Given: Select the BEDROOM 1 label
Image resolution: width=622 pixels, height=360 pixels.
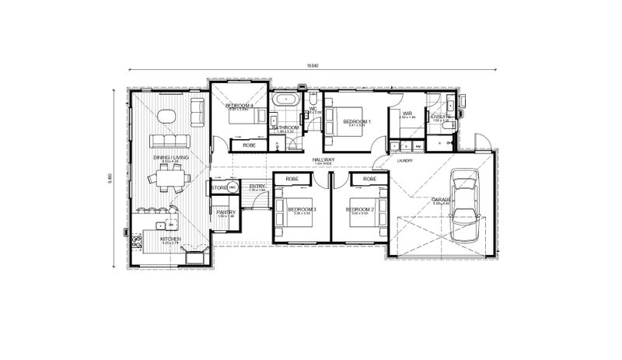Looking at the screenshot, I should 358,121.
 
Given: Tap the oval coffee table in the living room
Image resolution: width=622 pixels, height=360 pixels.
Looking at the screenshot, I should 167,117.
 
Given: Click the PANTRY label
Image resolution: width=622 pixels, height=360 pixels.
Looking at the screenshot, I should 225,211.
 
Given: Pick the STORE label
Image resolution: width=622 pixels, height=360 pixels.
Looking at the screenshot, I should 218,187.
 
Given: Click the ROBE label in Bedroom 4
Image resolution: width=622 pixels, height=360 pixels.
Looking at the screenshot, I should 249,145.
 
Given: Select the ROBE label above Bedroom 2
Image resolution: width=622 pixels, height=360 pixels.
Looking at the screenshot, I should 370,180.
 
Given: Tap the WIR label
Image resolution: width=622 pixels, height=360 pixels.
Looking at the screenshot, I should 407,114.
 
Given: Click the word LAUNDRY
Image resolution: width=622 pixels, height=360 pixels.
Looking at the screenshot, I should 404,162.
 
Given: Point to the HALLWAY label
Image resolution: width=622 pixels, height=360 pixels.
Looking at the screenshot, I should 323,160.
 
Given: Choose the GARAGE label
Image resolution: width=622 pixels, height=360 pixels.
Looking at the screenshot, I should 442,200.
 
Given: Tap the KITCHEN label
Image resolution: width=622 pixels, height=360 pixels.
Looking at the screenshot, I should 170,239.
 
